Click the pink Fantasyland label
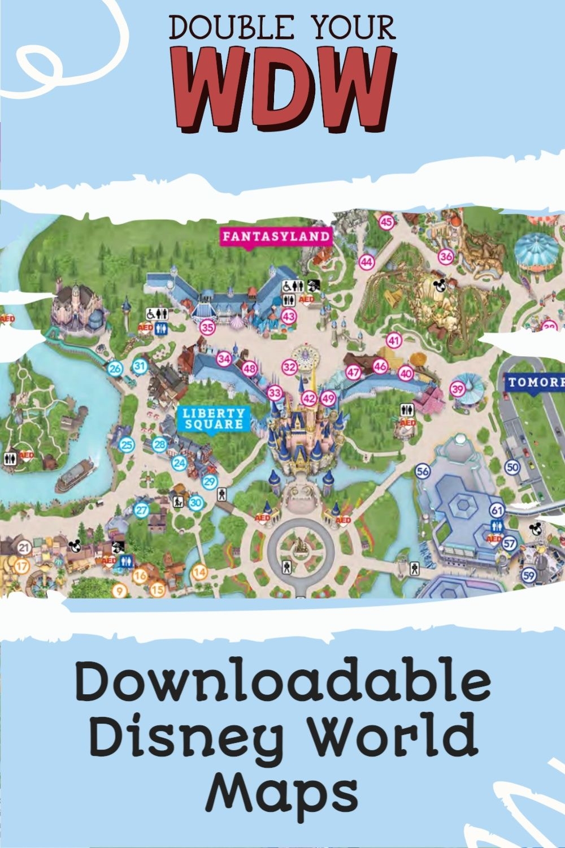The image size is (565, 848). (x=276, y=236)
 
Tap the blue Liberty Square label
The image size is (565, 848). (x=214, y=418)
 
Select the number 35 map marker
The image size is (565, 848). (x=208, y=327)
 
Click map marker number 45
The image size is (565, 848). (x=386, y=222)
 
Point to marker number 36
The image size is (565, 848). (x=446, y=256)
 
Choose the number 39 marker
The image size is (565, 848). (x=457, y=389)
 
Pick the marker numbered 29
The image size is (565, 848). (x=210, y=482)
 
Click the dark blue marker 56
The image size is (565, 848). (x=423, y=471)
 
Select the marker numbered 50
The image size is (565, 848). (x=512, y=467)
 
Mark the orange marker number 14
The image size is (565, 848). (x=199, y=572)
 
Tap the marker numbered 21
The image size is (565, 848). (x=24, y=547)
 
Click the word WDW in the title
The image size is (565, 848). (x=282, y=88)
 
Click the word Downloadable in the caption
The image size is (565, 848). (x=282, y=683)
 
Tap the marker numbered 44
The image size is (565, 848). (x=367, y=262)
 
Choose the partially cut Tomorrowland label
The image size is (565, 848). (x=534, y=382)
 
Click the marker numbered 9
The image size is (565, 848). (x=119, y=591)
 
